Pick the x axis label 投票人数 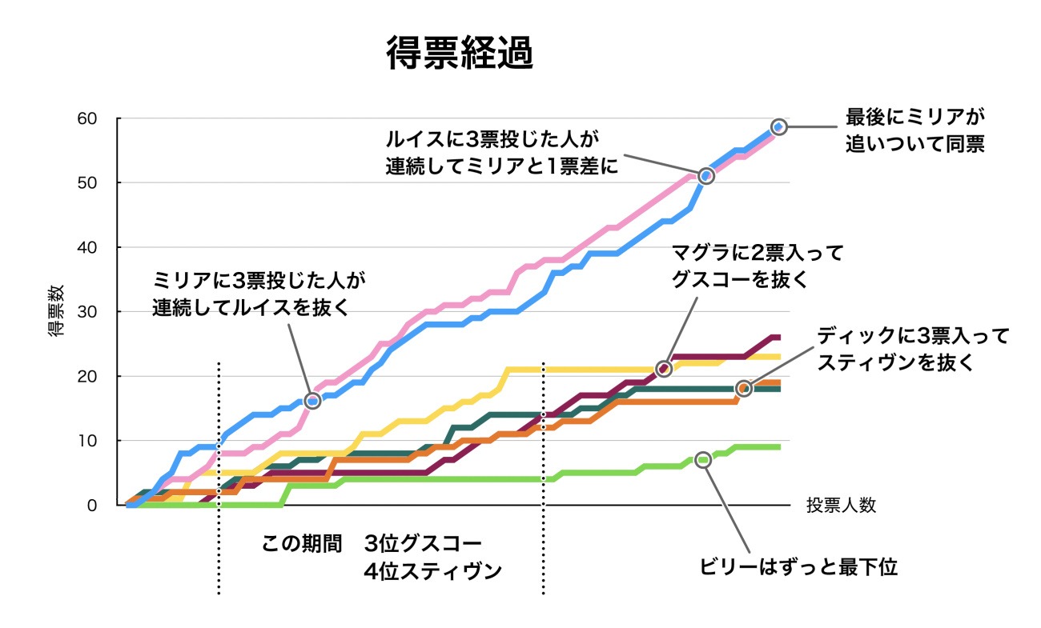click(841, 506)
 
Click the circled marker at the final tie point click(778, 126)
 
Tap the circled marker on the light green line click(703, 460)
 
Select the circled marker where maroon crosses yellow click(663, 369)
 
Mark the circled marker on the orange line click(744, 388)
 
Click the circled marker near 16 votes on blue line click(312, 401)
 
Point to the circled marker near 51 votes click(705, 175)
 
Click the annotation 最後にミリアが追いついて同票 click(914, 131)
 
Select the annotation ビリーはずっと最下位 click(798, 567)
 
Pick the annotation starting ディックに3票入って click(913, 348)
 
